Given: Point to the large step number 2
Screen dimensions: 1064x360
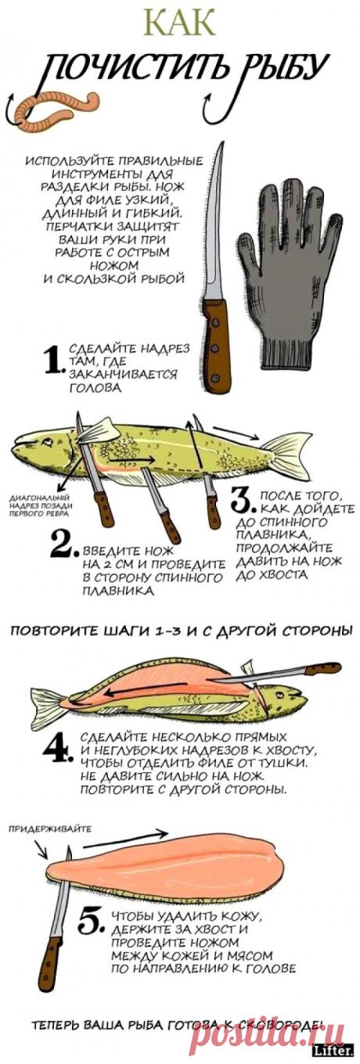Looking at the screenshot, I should coord(63,547).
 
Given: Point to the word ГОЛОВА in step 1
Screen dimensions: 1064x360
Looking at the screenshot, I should coord(95,388).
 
